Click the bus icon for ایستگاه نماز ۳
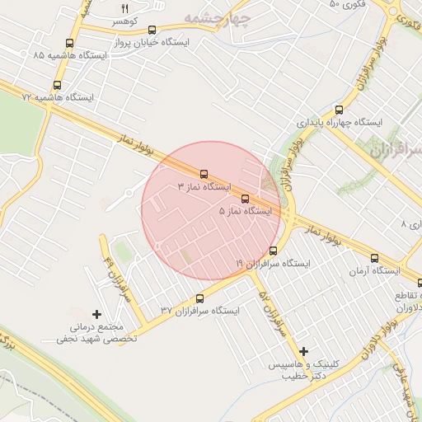204,174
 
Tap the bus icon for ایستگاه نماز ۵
244,198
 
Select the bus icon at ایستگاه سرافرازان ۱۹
273,251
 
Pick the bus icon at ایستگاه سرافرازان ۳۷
199,298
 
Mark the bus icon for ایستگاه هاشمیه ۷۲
57,85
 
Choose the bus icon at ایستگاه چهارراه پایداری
339,109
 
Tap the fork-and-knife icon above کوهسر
125,7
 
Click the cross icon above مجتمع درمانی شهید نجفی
97,314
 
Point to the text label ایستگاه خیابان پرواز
161,40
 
